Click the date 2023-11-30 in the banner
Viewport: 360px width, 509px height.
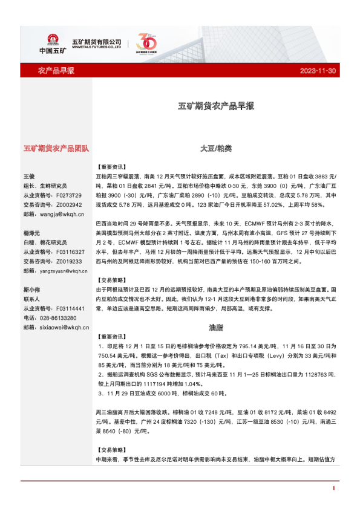[318, 71]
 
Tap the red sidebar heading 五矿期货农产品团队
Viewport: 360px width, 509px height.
[56, 148]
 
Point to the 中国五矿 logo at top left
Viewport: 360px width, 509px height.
[51, 41]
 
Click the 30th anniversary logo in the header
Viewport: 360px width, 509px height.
[147, 42]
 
